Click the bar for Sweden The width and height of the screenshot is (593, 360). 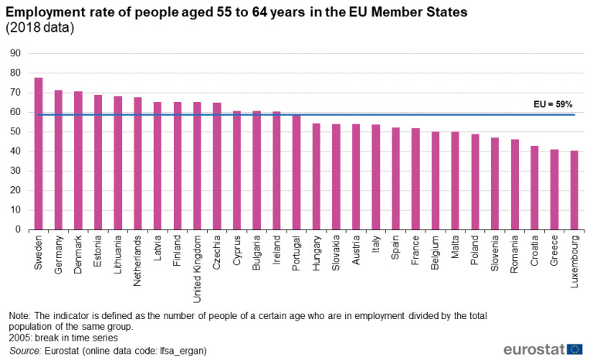[x=39, y=154]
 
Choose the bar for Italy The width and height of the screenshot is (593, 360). [x=376, y=177]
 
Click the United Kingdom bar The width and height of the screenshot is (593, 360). [x=197, y=165]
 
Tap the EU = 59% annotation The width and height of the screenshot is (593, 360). [x=554, y=104]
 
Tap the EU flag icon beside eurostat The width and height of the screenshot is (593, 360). [x=574, y=348]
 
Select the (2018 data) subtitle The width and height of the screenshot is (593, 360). [x=40, y=29]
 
